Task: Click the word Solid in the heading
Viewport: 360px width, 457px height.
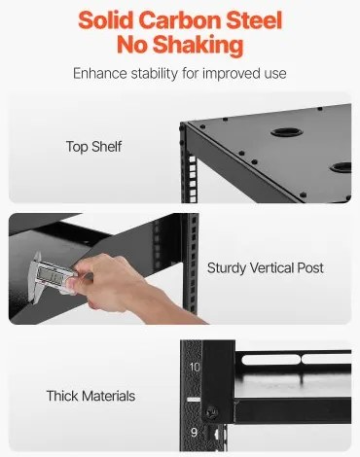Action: pos(110,19)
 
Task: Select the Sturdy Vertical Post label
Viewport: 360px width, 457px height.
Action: pos(264,267)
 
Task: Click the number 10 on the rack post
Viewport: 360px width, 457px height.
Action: pos(194,367)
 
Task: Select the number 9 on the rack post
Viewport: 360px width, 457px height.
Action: pos(194,430)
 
